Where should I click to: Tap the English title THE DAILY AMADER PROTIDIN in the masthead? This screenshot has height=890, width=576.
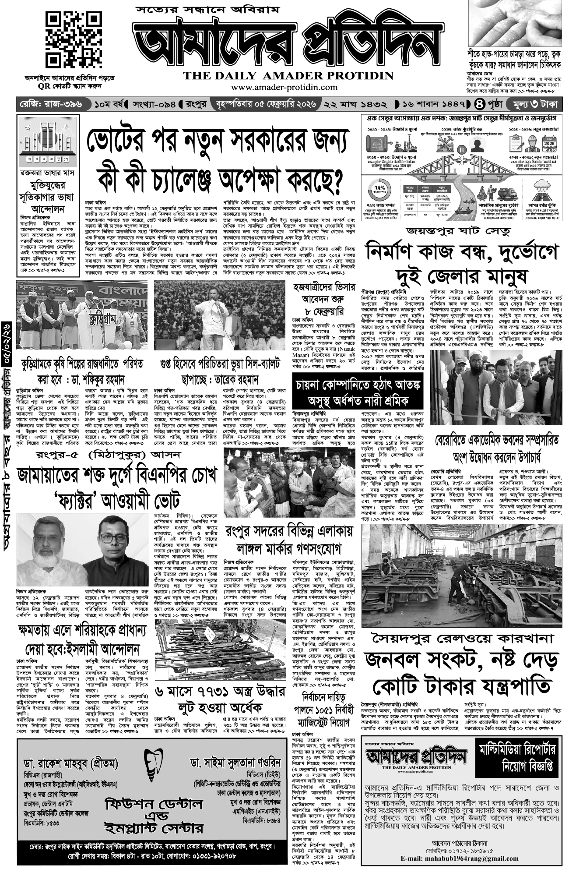[288, 75]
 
